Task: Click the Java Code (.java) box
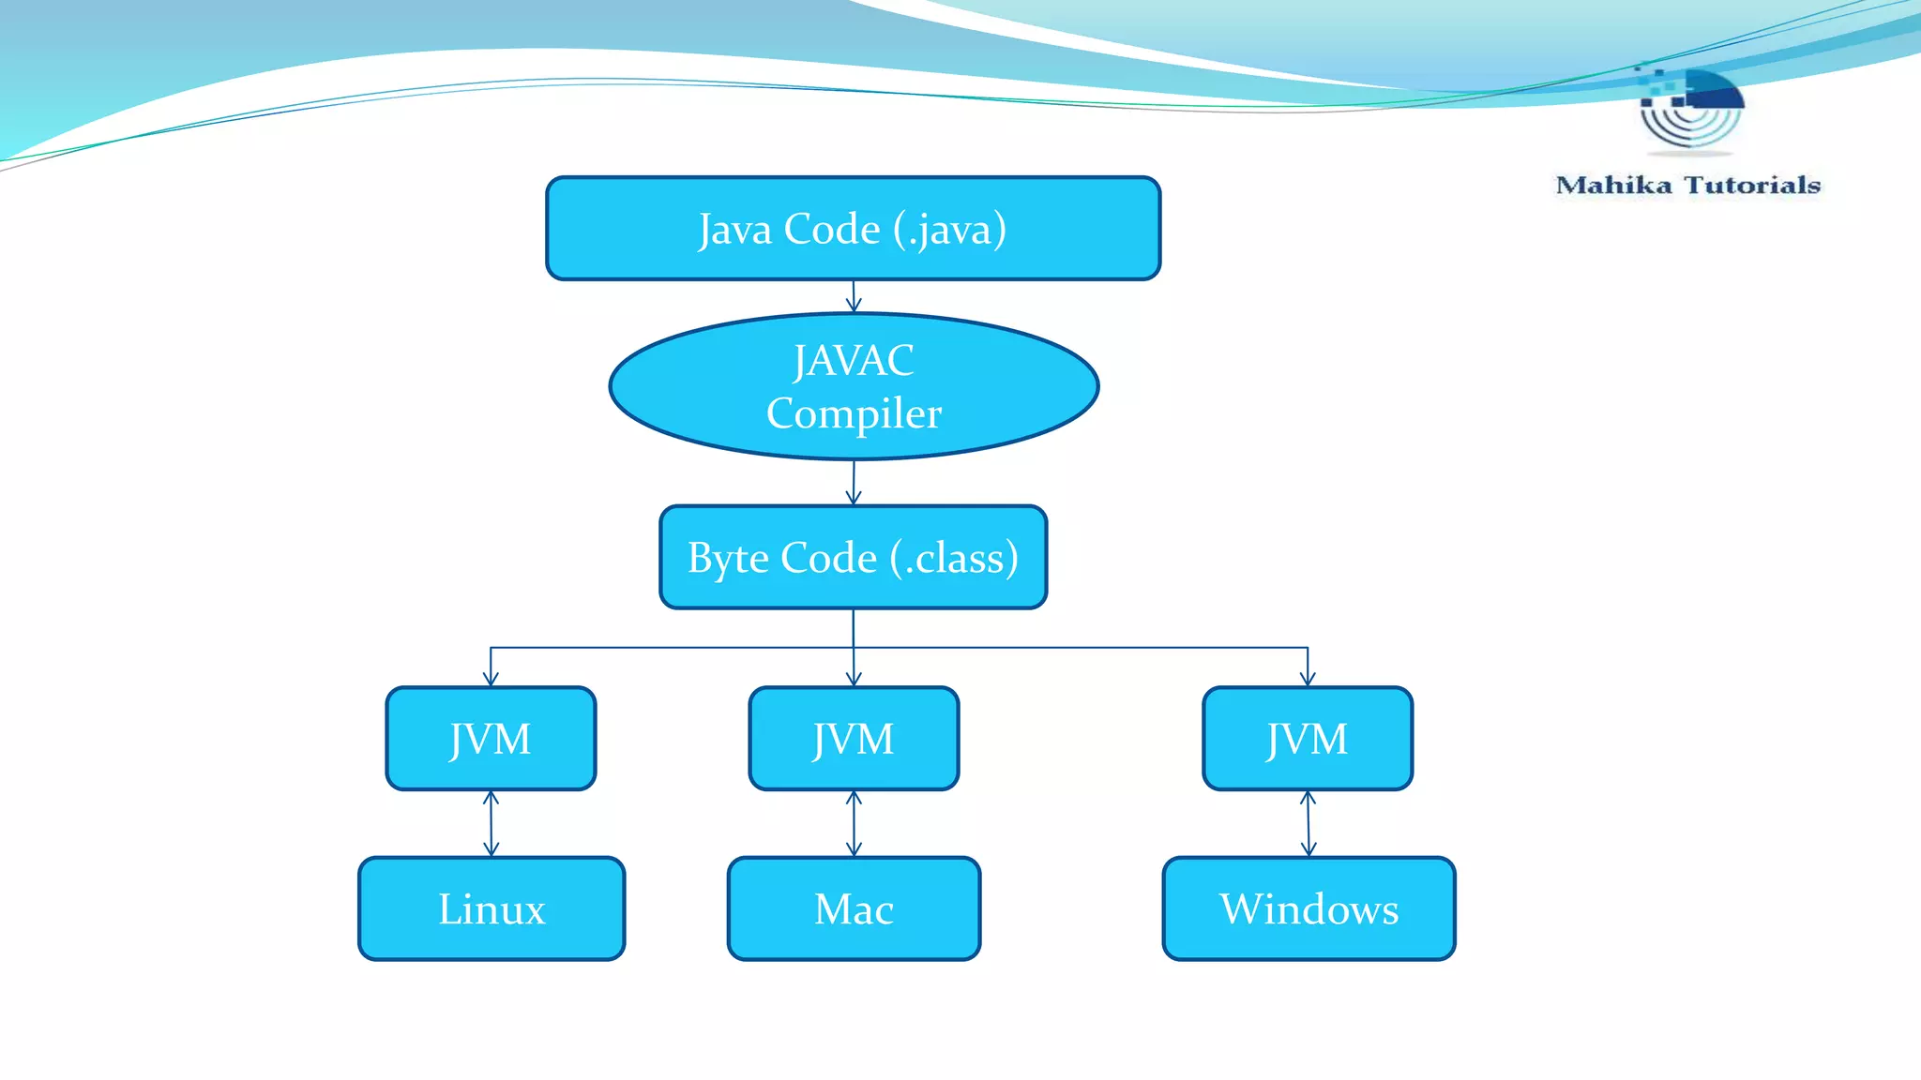tap(853, 228)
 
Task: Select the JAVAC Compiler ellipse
tap(853, 386)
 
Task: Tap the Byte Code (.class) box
tap(853, 557)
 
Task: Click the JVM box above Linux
tap(491, 739)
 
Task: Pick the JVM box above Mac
tap(854, 739)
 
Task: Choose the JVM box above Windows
tap(1308, 739)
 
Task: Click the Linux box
tap(491, 908)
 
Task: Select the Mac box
tap(854, 908)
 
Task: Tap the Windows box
tap(1308, 908)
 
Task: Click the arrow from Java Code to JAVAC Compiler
tap(854, 297)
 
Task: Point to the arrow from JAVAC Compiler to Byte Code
tap(854, 483)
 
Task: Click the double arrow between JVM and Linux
tap(491, 823)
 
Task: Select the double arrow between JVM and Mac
tap(854, 823)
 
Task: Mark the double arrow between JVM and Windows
tap(1308, 823)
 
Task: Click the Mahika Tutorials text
tap(1687, 185)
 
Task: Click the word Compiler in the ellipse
tap(854, 413)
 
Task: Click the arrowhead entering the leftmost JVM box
tap(491, 679)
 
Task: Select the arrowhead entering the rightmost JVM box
tap(1308, 679)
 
